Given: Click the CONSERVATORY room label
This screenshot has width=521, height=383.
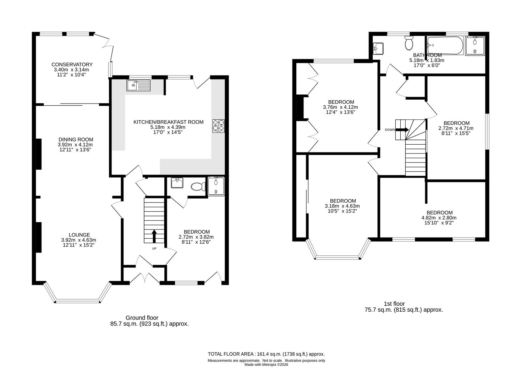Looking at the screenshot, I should pos(72,65).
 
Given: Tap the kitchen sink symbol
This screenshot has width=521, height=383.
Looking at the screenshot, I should pos(138,85).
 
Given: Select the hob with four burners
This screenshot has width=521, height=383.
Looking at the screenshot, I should pos(219,126).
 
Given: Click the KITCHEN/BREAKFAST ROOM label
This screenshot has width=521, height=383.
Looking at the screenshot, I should pos(168,122).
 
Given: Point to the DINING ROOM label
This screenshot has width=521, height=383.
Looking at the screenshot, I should pos(76,140).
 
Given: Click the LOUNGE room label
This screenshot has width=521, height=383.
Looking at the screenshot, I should pos(79,235).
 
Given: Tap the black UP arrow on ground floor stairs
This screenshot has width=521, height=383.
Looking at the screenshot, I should pos(154,235).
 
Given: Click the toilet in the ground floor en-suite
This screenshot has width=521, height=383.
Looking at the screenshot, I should pos(197,186).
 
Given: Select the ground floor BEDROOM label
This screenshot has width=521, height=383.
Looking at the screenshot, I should pos(197,232).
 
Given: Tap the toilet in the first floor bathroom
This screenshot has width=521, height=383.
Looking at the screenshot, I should pos(409,43).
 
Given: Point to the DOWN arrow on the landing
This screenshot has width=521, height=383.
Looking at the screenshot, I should pos(402,129).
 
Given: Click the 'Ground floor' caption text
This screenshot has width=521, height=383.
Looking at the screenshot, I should pos(142,318).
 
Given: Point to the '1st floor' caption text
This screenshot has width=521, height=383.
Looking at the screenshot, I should pos(394,304).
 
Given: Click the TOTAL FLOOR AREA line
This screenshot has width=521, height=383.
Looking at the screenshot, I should pos(266,354).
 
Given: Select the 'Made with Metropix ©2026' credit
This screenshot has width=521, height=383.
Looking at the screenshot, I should pos(266,365).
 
